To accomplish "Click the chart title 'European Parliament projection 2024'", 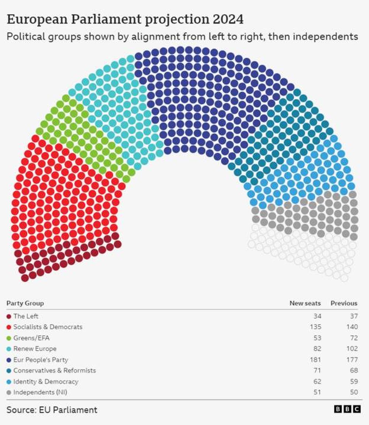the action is [x=125, y=19].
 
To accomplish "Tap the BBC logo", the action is [x=347, y=409].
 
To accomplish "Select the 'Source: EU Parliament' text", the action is [x=52, y=409].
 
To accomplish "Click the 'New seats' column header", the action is [x=305, y=303].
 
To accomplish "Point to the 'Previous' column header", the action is [x=344, y=303].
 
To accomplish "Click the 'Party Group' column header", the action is [x=25, y=303].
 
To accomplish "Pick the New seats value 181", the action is [x=315, y=360].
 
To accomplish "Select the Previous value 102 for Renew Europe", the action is [x=352, y=349].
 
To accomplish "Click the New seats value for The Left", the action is [x=317, y=316].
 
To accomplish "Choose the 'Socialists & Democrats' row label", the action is [x=48, y=327].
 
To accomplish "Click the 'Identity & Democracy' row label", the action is [x=46, y=381].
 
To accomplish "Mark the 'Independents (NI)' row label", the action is [x=40, y=392].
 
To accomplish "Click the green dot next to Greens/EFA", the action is [x=9, y=338].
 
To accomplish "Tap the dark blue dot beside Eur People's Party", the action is [x=9, y=360].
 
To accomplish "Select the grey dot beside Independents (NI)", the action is [x=9, y=393].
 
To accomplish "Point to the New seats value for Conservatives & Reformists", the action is [x=317, y=370].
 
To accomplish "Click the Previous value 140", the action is [x=352, y=327].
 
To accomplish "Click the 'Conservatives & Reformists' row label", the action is [x=55, y=370].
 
